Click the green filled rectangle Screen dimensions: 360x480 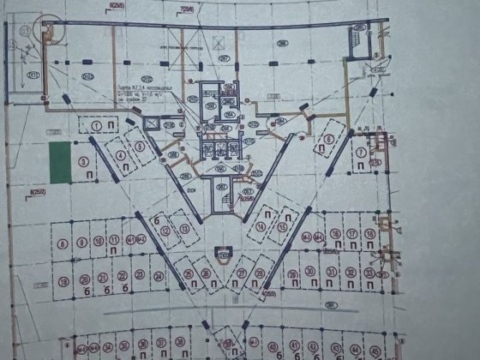tap(60, 162)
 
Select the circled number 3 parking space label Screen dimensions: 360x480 tap(83, 161)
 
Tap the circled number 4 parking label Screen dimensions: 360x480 tap(121, 155)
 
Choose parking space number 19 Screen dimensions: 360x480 tap(63, 280)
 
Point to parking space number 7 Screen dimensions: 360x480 tap(362, 153)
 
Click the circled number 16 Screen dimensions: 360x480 tap(328, 233)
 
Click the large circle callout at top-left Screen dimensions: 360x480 tap(53, 31)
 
